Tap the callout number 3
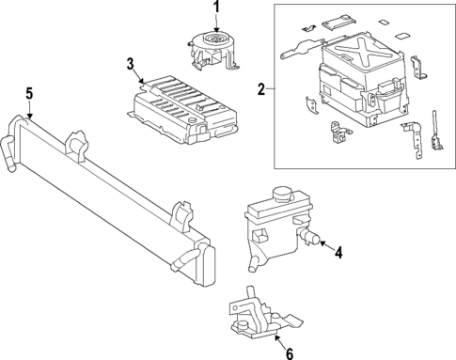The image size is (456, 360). point(130,63)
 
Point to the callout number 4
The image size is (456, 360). point(338,251)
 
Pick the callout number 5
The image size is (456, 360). point(28,93)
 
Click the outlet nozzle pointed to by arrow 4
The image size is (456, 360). point(310,240)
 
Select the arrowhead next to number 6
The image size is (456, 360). point(278,341)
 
